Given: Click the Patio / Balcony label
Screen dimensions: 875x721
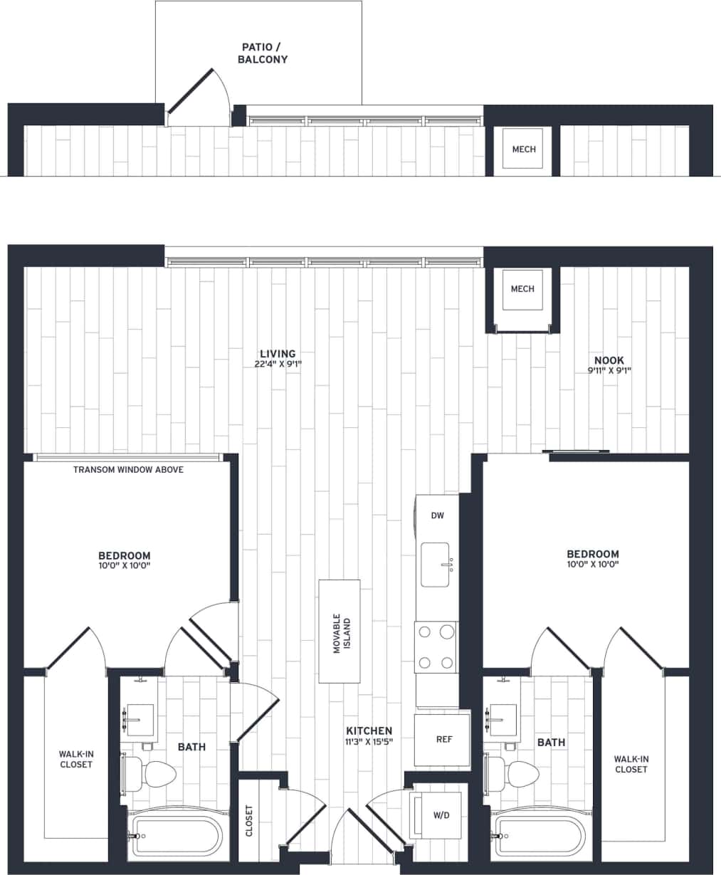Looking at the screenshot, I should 263,53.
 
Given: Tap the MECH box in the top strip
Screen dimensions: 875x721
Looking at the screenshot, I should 523,149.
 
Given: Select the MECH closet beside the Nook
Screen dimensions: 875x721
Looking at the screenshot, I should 522,289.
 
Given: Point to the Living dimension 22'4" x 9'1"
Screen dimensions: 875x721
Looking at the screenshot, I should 278,364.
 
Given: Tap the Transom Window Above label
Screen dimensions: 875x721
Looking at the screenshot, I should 128,469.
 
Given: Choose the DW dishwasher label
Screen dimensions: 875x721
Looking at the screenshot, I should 437,515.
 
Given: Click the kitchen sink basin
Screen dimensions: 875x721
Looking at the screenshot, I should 435,565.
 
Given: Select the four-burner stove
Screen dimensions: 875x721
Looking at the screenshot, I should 436,646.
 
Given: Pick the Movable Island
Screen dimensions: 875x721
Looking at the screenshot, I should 340,631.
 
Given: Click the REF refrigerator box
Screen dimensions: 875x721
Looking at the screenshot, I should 443,740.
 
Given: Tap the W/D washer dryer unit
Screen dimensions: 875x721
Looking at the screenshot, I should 441,815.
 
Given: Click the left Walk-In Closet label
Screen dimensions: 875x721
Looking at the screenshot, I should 75,759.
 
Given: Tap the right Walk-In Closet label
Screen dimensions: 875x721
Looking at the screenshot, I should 631,764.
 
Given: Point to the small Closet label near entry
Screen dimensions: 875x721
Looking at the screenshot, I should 249,820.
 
